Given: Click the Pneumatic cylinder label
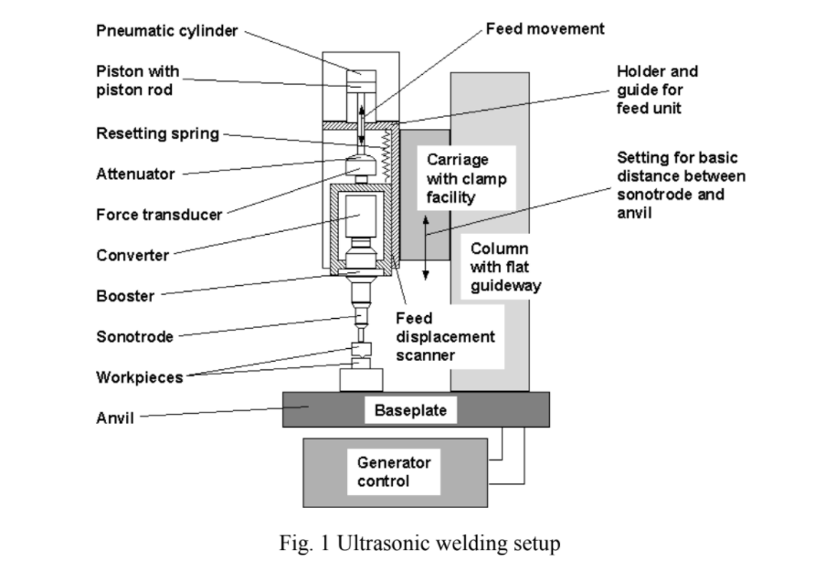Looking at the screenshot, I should pos(167,31).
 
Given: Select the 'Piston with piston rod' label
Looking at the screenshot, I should pos(138,80).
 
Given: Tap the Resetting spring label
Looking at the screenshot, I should pos(157,134).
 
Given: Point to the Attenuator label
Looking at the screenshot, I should pos(135,174).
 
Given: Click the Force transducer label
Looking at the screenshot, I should pos(159,216).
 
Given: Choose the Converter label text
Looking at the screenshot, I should pos(132,255).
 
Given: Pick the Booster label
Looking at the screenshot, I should pos(125,296).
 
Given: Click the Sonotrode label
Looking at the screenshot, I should pos(134,336).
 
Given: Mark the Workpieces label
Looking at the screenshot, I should pos(139,376).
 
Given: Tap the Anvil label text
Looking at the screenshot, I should pos(115,418).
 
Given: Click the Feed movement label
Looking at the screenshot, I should pos(545,29).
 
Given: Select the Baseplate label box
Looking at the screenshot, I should pos(411,410).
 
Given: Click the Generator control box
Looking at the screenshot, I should pos(394,471).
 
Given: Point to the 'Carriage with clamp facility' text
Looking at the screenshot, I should pos(466,178).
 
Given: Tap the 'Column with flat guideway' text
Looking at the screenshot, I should pos(506,267).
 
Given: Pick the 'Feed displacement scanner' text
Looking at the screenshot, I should pos(445,336).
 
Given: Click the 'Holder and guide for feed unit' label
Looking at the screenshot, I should pos(657,90).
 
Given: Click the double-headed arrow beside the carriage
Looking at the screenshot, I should pos(425,248).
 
